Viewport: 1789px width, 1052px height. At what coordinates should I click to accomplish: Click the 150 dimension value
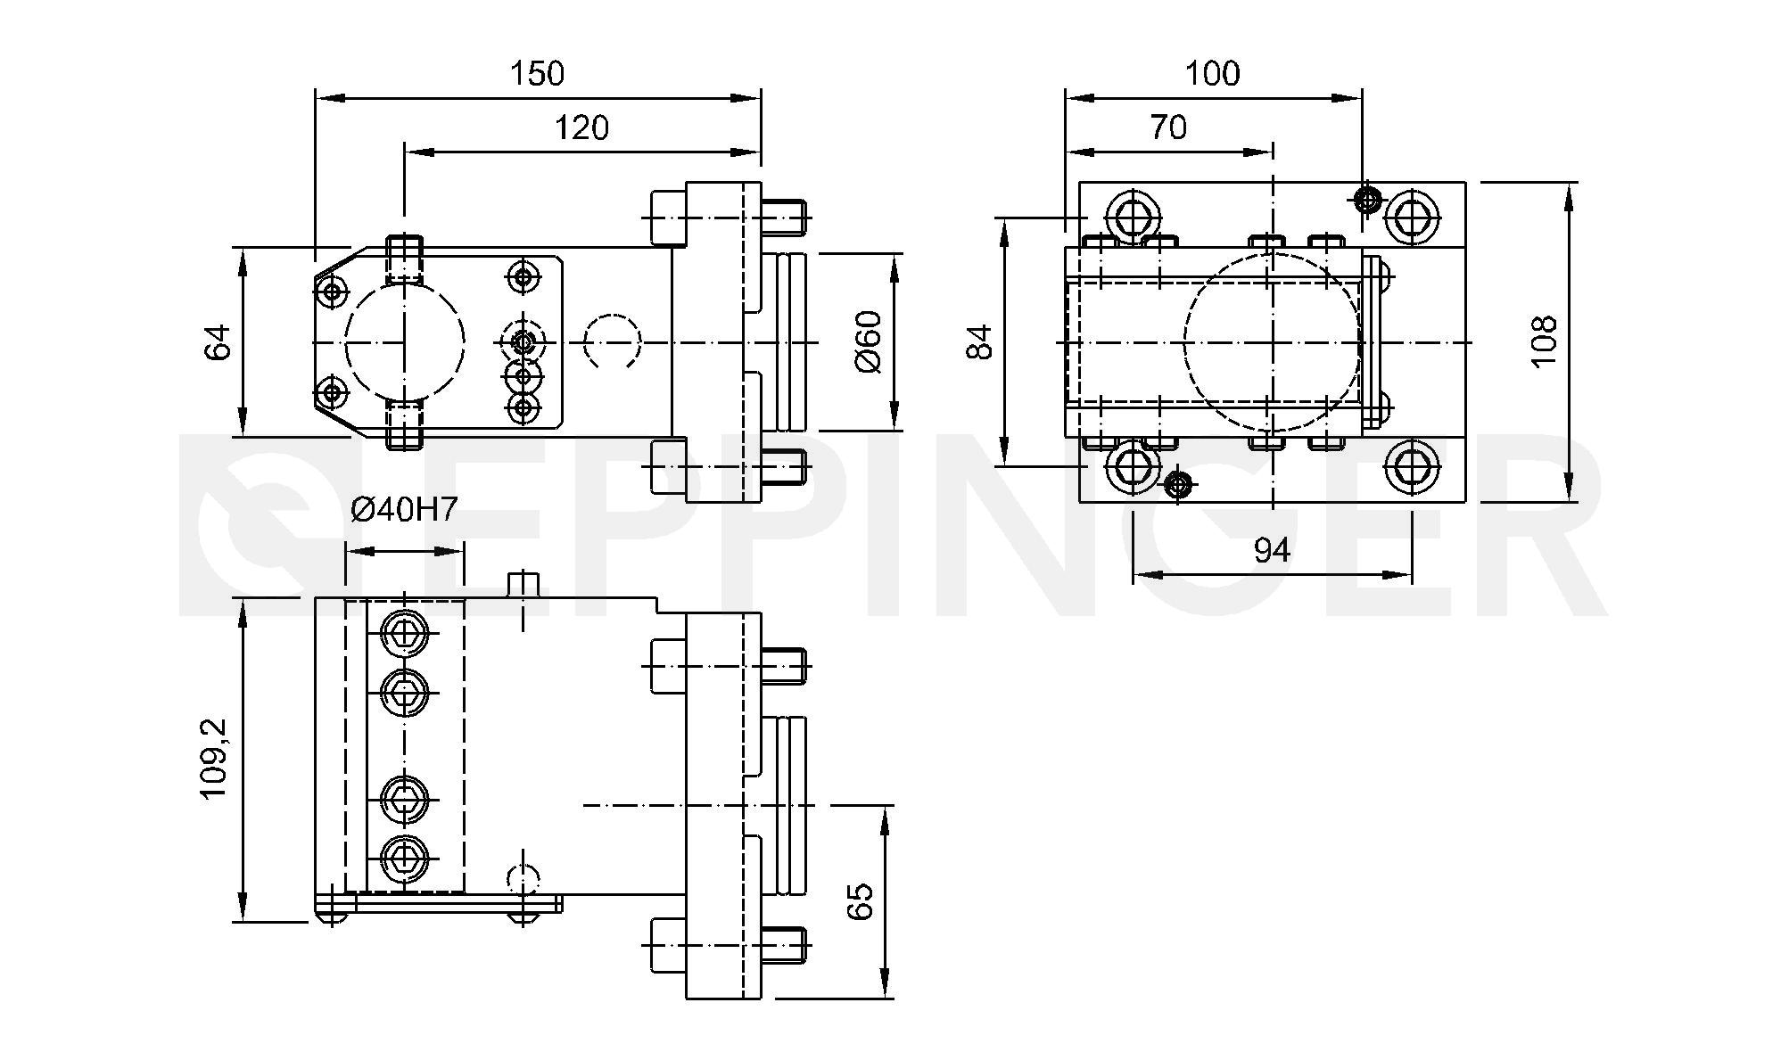point(537,73)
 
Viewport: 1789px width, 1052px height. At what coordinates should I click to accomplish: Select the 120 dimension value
point(581,128)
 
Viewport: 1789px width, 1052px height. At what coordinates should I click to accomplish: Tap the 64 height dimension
point(218,342)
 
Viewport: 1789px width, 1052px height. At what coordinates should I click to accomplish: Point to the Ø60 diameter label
point(867,342)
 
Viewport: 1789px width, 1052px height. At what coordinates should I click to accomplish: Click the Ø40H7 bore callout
point(404,509)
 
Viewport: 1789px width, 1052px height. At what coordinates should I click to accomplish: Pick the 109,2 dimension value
point(215,759)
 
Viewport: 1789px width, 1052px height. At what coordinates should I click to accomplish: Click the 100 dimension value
point(1213,73)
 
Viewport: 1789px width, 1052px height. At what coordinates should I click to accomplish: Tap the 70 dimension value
point(1168,128)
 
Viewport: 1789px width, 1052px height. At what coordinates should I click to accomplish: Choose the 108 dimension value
point(1543,341)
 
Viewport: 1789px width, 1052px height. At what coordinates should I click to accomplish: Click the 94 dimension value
point(1272,551)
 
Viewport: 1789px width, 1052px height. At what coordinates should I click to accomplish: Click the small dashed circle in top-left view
point(612,341)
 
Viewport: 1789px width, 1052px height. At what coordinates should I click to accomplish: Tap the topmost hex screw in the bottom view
point(405,632)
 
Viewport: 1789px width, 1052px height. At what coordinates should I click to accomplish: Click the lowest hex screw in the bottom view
point(405,858)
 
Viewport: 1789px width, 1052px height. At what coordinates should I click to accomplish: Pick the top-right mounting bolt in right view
point(1413,216)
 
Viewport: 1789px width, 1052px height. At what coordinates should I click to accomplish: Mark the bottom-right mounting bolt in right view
point(1413,466)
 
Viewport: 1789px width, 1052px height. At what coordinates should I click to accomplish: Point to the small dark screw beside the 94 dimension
point(1179,485)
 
